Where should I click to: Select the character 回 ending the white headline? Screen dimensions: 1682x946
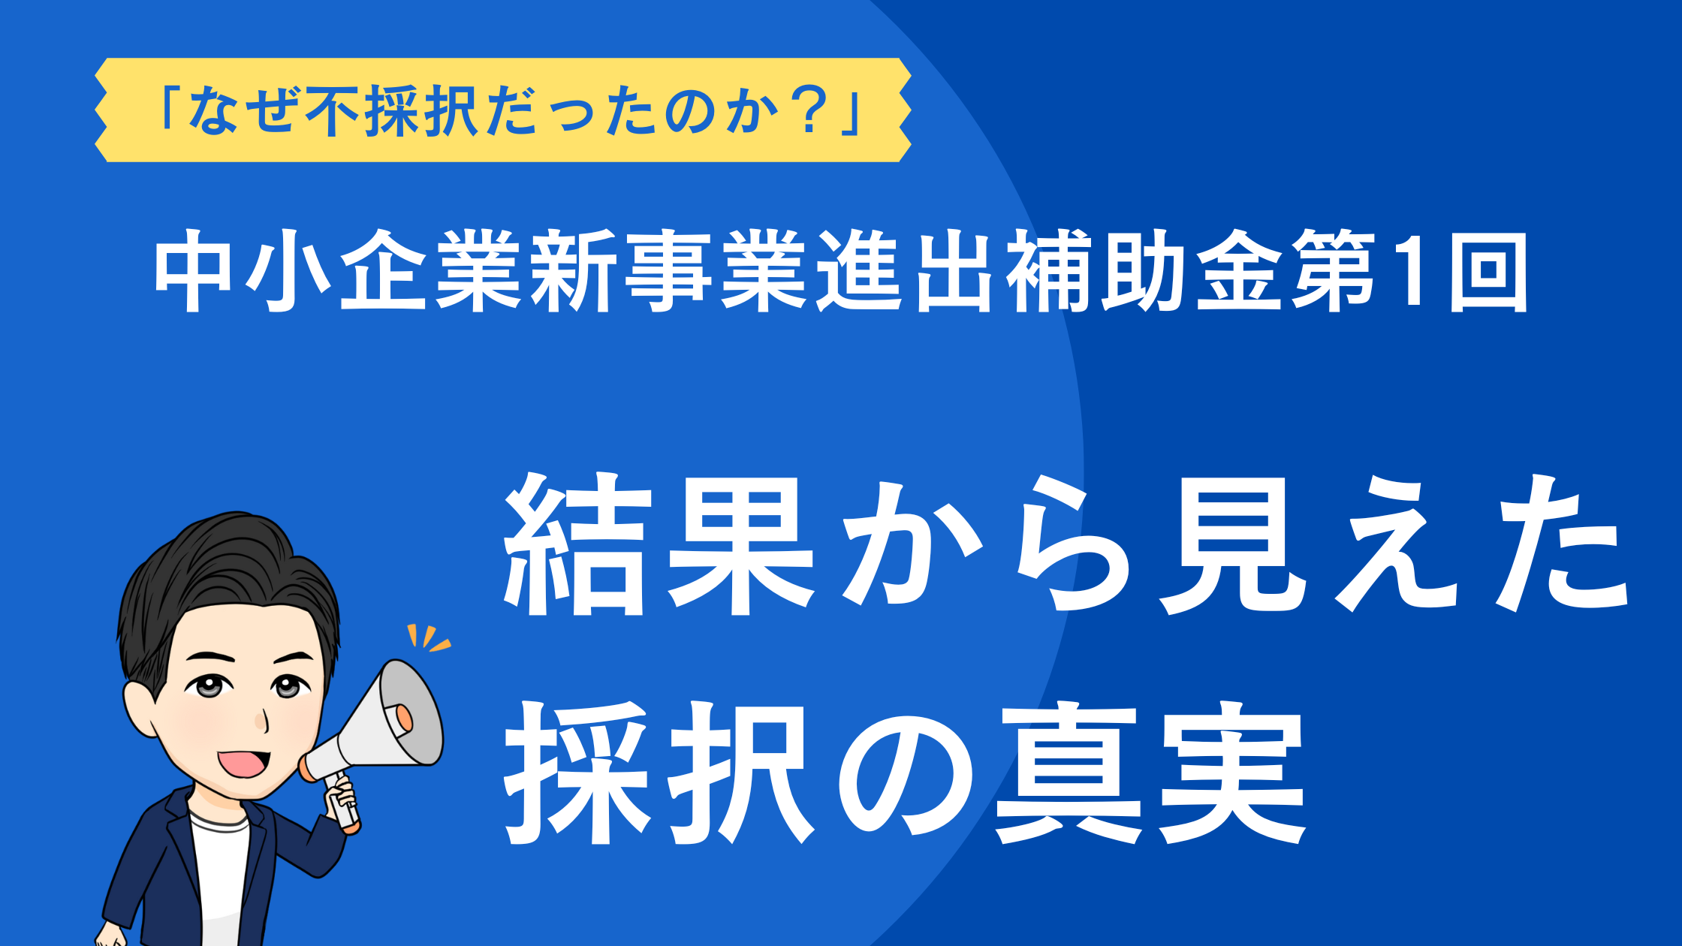tap(1488, 271)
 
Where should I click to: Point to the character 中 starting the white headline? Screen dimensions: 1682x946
tap(192, 271)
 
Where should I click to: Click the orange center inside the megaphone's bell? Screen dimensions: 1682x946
tap(402, 717)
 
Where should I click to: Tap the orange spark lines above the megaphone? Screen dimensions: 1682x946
tap(428, 638)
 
